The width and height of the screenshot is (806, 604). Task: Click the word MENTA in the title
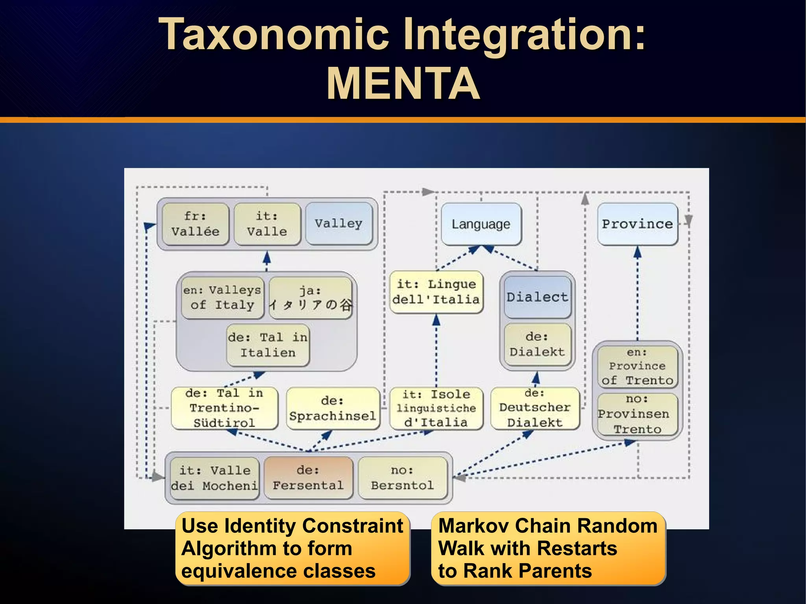(403, 84)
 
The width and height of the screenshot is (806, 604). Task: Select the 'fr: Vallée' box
(195, 224)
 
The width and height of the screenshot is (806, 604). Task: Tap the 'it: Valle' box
(267, 224)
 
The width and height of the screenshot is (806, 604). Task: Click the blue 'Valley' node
(338, 223)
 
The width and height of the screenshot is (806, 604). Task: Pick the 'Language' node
(481, 224)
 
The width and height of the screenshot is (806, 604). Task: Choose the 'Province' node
(637, 224)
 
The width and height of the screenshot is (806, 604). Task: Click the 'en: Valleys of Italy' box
(222, 297)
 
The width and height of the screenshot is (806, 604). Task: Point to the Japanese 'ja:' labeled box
(311, 298)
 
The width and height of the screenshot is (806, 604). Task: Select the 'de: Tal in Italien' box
(268, 345)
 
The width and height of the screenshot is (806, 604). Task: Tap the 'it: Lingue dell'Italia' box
(436, 292)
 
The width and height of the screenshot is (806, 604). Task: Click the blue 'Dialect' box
(537, 297)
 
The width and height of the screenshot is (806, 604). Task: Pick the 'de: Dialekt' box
(537, 344)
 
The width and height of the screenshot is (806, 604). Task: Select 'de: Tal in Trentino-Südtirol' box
(224, 408)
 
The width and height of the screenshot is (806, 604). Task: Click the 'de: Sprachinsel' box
(333, 408)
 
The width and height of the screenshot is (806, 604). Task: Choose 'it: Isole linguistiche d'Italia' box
(436, 408)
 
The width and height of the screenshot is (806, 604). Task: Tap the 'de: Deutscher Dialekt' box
(535, 408)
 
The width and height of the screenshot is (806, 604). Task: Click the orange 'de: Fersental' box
(308, 478)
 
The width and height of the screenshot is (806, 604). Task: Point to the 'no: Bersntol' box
(402, 478)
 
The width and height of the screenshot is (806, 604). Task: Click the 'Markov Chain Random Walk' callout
(548, 548)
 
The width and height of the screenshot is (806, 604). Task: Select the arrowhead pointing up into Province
(638, 252)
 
